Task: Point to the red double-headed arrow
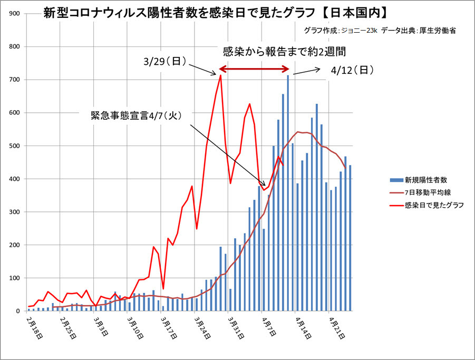pos(255,69)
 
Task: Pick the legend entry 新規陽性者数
pos(426,180)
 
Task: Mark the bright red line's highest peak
pos(220,76)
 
